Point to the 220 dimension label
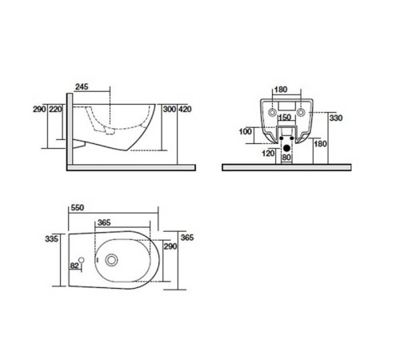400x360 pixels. tap(55, 108)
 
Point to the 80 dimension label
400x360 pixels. tap(286, 158)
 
